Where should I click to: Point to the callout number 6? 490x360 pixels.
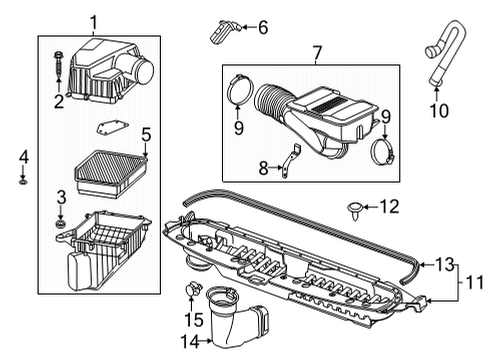click(262, 28)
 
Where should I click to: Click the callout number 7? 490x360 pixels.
click(316, 52)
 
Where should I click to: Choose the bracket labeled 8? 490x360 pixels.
click(288, 163)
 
